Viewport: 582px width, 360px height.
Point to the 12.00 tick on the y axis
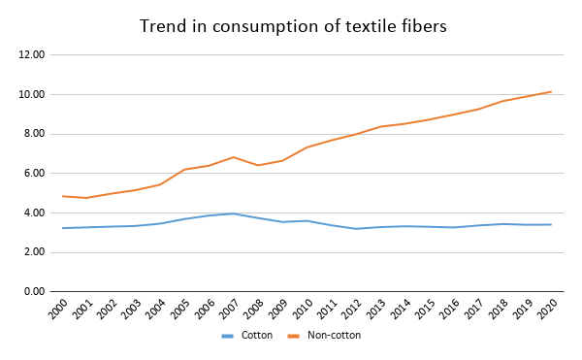pos(32,55)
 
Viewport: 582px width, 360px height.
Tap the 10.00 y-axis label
pos(32,95)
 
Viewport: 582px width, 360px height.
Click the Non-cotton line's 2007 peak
pos(233,157)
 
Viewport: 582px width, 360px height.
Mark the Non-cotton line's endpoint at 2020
pos(551,91)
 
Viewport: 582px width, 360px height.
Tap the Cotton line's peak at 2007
pos(233,213)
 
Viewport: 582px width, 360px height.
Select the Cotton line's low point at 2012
pos(355,229)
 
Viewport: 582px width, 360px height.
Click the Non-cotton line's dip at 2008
pos(257,165)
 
